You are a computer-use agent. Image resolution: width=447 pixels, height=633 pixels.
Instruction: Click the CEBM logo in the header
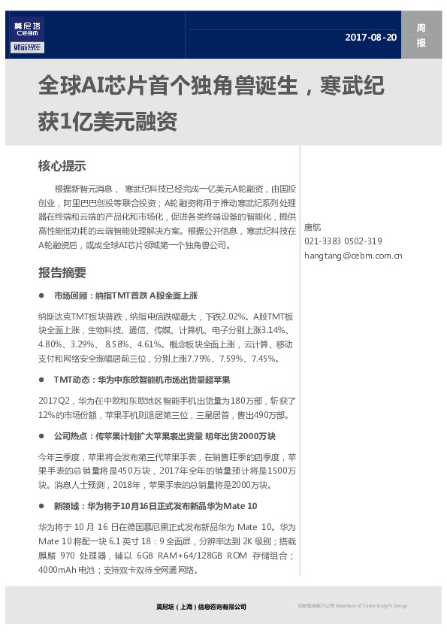point(29,35)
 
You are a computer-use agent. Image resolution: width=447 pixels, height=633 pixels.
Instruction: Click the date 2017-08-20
point(370,37)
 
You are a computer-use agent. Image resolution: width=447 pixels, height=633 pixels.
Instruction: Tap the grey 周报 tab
point(421,35)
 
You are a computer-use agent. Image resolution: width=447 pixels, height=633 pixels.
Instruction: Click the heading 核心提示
point(62,166)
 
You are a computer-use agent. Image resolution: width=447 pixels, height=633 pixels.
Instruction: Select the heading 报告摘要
point(62,273)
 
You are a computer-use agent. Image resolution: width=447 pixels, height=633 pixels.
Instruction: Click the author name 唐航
point(313,226)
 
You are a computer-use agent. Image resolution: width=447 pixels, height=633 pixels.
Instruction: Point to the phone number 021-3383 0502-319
point(343,241)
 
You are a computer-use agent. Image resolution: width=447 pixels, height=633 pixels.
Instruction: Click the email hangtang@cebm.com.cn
point(353,256)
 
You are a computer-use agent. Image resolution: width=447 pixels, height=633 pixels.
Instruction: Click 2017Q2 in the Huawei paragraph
point(53,401)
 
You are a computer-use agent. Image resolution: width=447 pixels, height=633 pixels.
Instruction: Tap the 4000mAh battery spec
point(56,570)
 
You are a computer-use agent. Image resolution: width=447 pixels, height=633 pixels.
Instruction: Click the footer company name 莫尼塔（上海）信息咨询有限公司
point(201,606)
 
